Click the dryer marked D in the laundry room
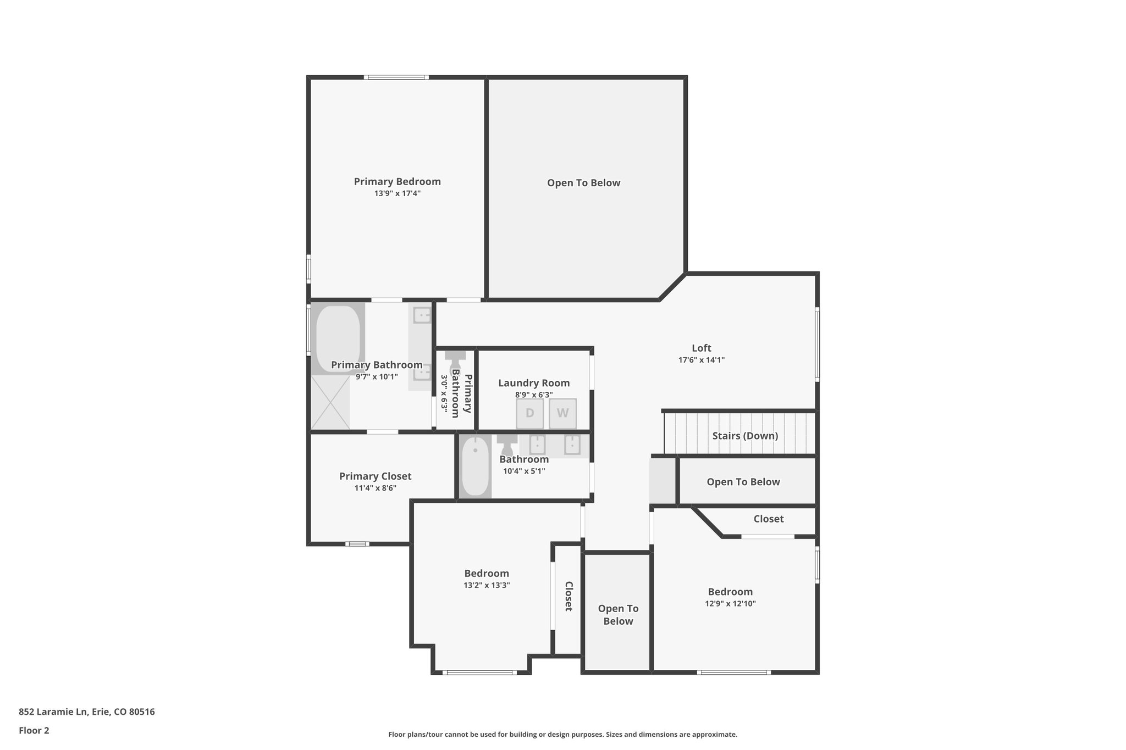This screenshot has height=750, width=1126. coord(529,413)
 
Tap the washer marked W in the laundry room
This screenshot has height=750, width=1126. coord(562,413)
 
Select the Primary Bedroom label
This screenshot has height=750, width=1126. coord(397,181)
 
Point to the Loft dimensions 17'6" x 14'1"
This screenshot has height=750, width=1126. coord(701,360)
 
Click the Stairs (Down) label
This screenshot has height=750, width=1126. coord(745,436)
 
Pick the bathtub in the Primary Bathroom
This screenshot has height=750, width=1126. coord(338,339)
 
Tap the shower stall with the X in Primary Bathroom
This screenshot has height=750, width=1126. coord(330,403)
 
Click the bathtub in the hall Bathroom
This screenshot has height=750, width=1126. coord(475,466)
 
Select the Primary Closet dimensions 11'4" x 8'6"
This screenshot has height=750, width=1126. coord(375,488)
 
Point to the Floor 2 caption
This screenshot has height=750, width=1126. coord(34,731)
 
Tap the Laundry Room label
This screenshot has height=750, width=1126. coord(534,383)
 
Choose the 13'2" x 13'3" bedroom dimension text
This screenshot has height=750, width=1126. coord(487,585)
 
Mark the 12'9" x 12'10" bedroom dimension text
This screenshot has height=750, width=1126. coord(730,603)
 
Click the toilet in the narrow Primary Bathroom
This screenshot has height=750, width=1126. coord(455,363)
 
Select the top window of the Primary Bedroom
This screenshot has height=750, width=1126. coord(396,77)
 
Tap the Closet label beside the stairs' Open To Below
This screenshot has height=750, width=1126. coord(768,519)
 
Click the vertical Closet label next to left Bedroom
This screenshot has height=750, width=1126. coord(568,596)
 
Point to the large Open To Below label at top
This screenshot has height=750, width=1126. coord(583,183)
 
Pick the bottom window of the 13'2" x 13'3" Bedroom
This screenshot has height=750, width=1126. coord(479,672)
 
